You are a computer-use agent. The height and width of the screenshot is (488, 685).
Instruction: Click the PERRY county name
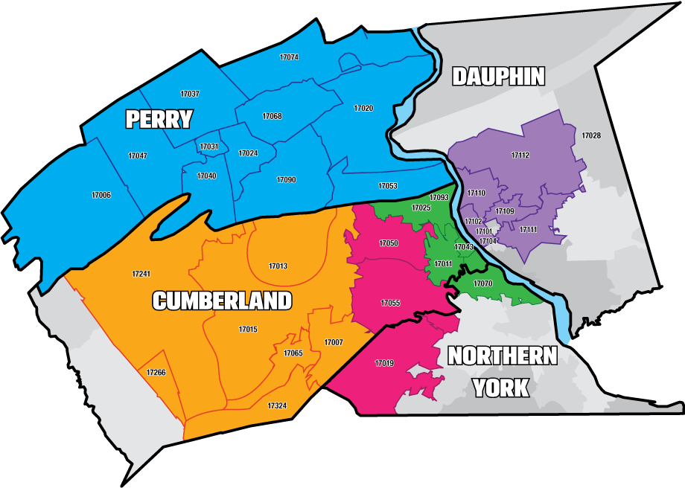pos(159,119)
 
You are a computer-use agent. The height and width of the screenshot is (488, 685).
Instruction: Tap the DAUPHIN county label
pos(498,76)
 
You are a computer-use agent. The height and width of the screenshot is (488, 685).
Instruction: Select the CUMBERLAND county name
pos(222,301)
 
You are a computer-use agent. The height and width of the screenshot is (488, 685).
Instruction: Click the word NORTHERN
pos(502,356)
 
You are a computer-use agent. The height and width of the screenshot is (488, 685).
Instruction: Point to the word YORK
pos(501,388)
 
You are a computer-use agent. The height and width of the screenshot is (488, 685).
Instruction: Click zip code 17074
pos(289,57)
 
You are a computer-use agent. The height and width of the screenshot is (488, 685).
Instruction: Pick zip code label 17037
pos(190,94)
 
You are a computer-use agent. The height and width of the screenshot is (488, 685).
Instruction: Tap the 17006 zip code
pos(101,195)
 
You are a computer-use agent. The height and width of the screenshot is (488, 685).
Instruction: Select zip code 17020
pos(363,109)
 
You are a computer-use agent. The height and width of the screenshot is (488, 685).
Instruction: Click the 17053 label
pos(387,186)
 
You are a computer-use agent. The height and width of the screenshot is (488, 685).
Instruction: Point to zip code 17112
pos(520,155)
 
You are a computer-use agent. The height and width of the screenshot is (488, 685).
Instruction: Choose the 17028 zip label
pos(591,136)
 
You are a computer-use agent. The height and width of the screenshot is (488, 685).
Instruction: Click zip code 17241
pos(141,274)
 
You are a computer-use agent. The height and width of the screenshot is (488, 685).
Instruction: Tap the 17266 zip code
pos(156,373)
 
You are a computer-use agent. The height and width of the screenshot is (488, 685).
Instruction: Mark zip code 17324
pos(277,406)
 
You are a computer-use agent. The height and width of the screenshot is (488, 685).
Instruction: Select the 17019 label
pos(384,363)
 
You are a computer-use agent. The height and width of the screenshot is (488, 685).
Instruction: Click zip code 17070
pos(483,284)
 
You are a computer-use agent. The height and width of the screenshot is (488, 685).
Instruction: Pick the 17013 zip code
pos(278,266)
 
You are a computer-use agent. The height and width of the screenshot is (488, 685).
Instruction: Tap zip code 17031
pos(209,147)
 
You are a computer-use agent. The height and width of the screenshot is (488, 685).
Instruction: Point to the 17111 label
pos(528,230)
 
